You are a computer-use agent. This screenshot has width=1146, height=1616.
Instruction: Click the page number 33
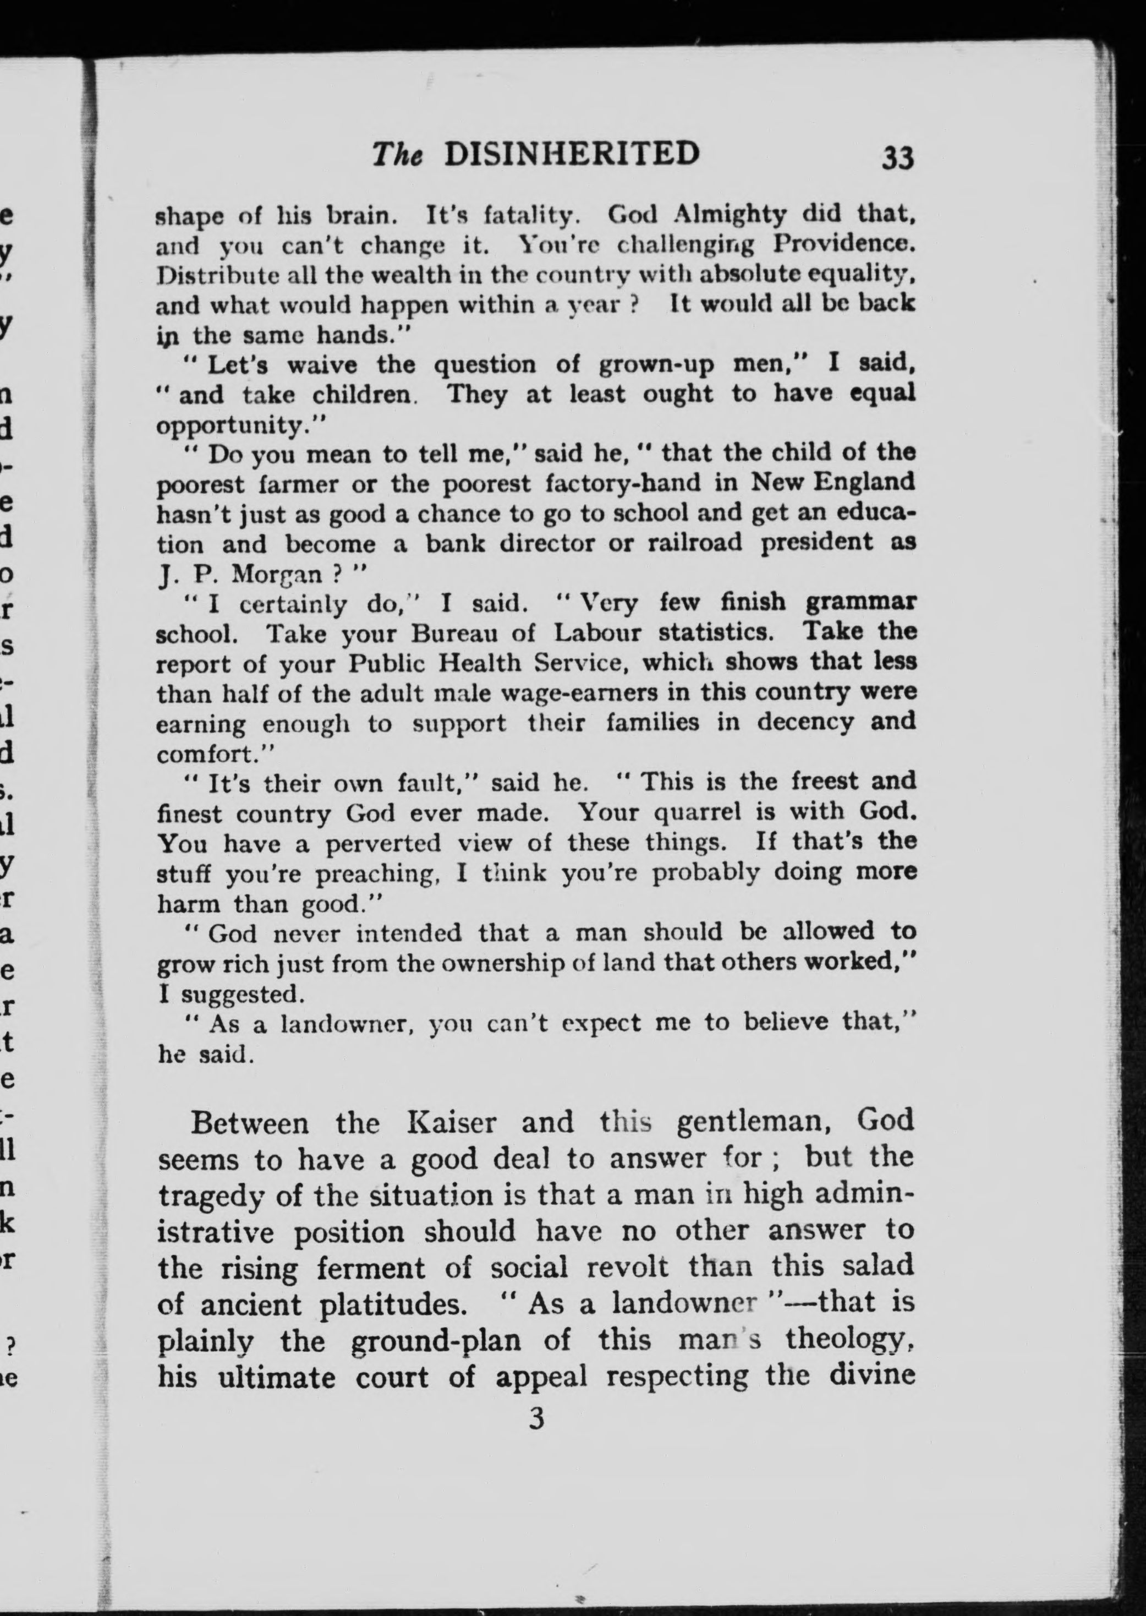coord(898,157)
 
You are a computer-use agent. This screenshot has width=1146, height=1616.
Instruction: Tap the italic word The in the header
coord(397,155)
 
